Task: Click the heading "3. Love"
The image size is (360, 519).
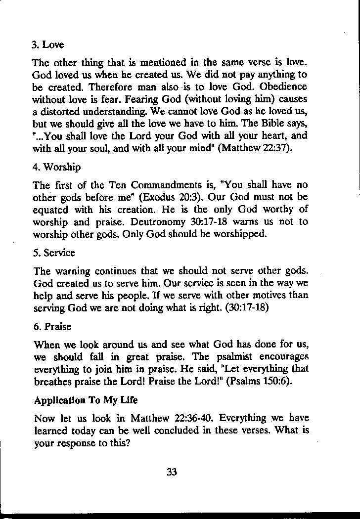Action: pyautogui.click(x=47, y=45)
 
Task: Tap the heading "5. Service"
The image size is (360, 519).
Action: pyautogui.click(x=53, y=253)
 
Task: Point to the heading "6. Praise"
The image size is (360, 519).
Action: pyautogui.click(x=51, y=327)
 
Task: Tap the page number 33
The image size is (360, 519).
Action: pyautogui.click(x=172, y=472)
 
